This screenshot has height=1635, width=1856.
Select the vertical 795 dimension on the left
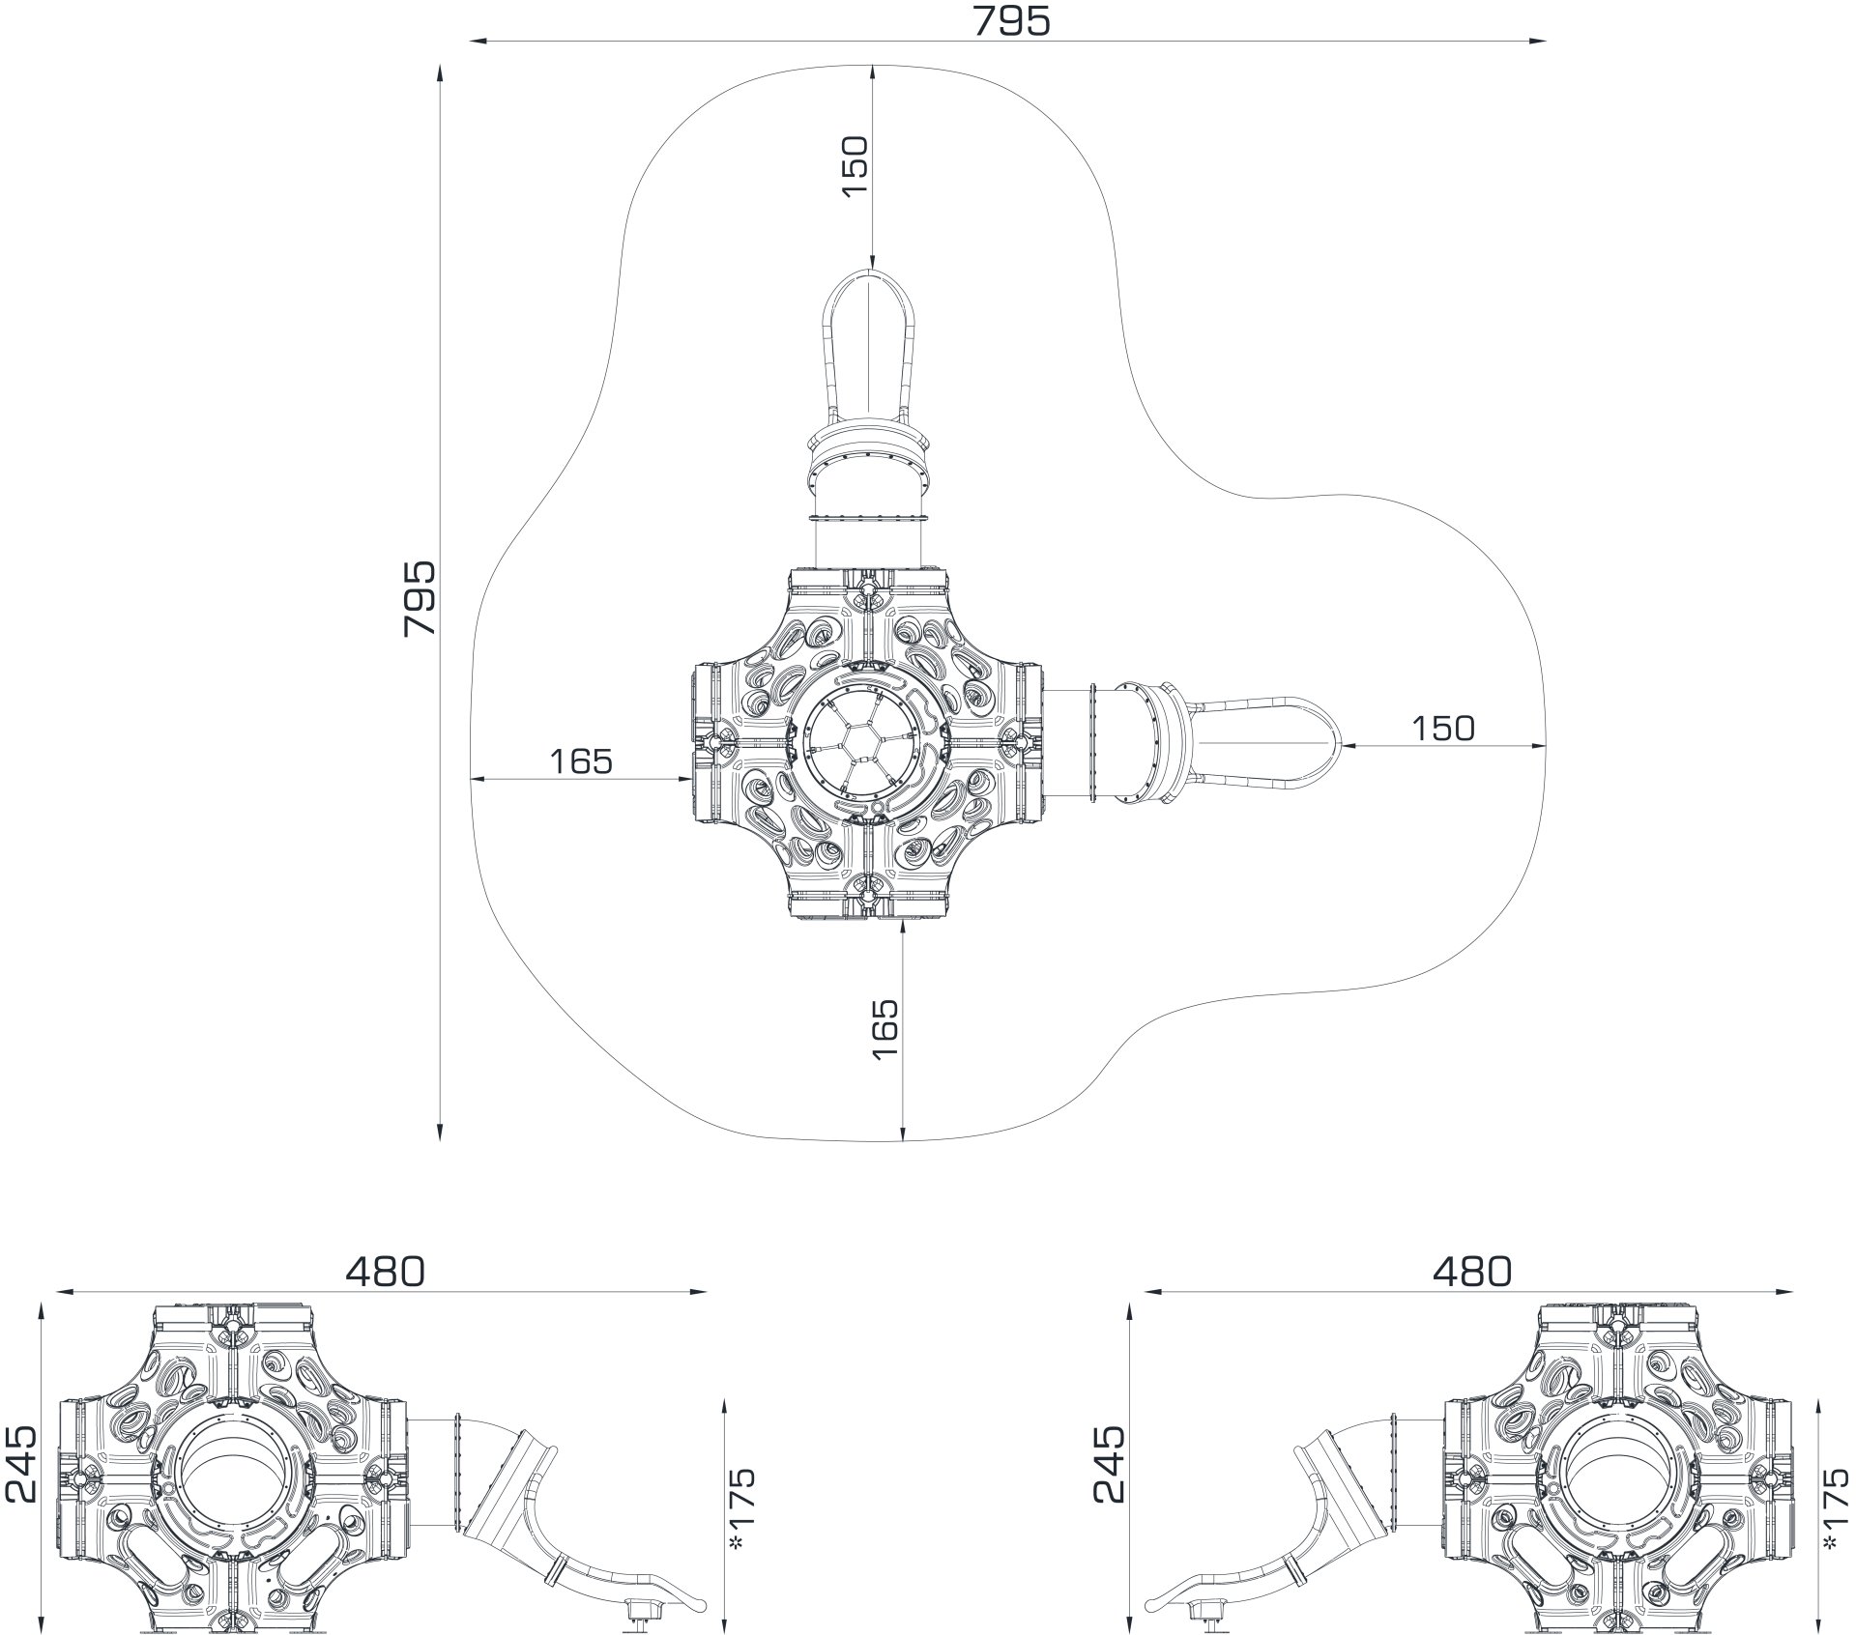click(420, 598)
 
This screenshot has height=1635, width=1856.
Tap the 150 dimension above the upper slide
click(855, 166)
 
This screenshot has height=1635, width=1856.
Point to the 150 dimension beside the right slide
click(1443, 728)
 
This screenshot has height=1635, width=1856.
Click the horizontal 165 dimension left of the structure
click(581, 761)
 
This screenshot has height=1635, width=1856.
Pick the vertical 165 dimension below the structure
click(884, 1029)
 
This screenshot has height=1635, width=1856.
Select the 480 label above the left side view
click(385, 1271)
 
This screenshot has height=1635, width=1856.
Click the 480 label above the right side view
click(1472, 1271)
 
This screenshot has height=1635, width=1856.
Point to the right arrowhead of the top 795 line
click(1538, 41)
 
